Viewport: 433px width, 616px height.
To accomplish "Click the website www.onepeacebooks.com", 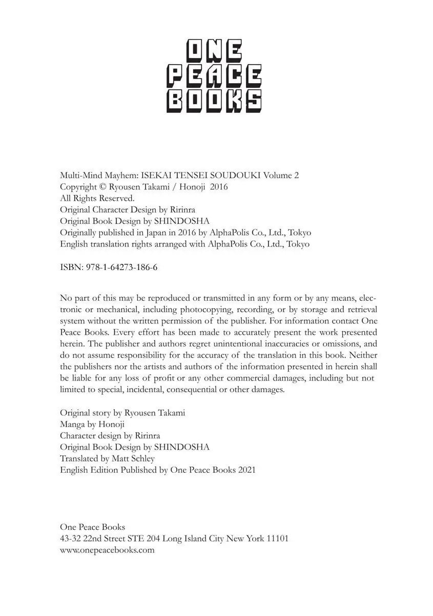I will [x=107, y=550].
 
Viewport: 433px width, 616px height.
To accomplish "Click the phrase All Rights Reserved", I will [x=97, y=198].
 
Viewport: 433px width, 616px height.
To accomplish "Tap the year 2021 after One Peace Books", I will [x=246, y=470].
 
